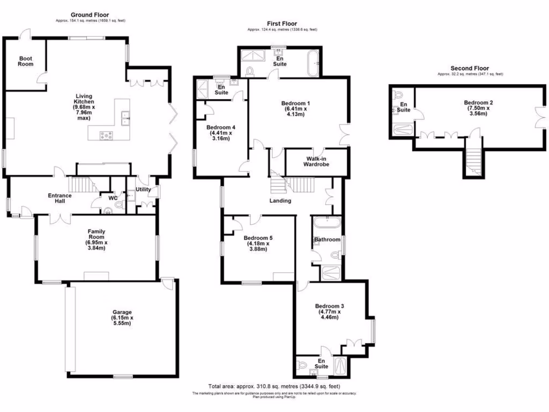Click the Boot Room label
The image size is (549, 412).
[26, 61]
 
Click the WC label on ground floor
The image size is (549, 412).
[113, 198]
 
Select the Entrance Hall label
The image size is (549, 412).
[60, 198]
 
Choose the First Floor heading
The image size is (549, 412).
[282, 23]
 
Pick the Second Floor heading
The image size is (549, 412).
[469, 68]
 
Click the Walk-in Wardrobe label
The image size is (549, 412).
[317, 161]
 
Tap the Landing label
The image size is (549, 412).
[280, 201]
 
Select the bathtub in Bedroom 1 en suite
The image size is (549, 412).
[314, 63]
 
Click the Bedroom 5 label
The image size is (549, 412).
[258, 238]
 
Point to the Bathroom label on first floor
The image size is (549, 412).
[327, 239]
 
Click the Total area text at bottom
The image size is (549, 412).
[274, 386]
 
